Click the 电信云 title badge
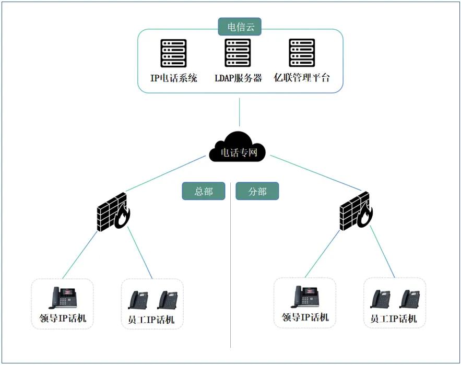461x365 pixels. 240,27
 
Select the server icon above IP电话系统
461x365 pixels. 173,53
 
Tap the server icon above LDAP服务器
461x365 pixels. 238,53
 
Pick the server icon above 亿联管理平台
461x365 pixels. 302,53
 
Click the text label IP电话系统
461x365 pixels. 174,78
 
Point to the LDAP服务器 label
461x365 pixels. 238,78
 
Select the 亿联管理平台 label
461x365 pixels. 302,78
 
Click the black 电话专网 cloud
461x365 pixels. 238,148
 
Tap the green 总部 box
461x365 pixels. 204,191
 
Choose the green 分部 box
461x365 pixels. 257,191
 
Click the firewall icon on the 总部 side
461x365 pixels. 113,212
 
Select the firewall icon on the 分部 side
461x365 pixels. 357,211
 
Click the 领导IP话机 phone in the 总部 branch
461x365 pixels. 62,298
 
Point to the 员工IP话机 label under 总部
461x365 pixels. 151,320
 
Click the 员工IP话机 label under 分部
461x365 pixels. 394,319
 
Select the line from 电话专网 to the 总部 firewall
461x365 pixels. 166,173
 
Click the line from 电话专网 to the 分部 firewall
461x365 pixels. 316,173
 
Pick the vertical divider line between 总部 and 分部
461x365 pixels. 231,265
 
